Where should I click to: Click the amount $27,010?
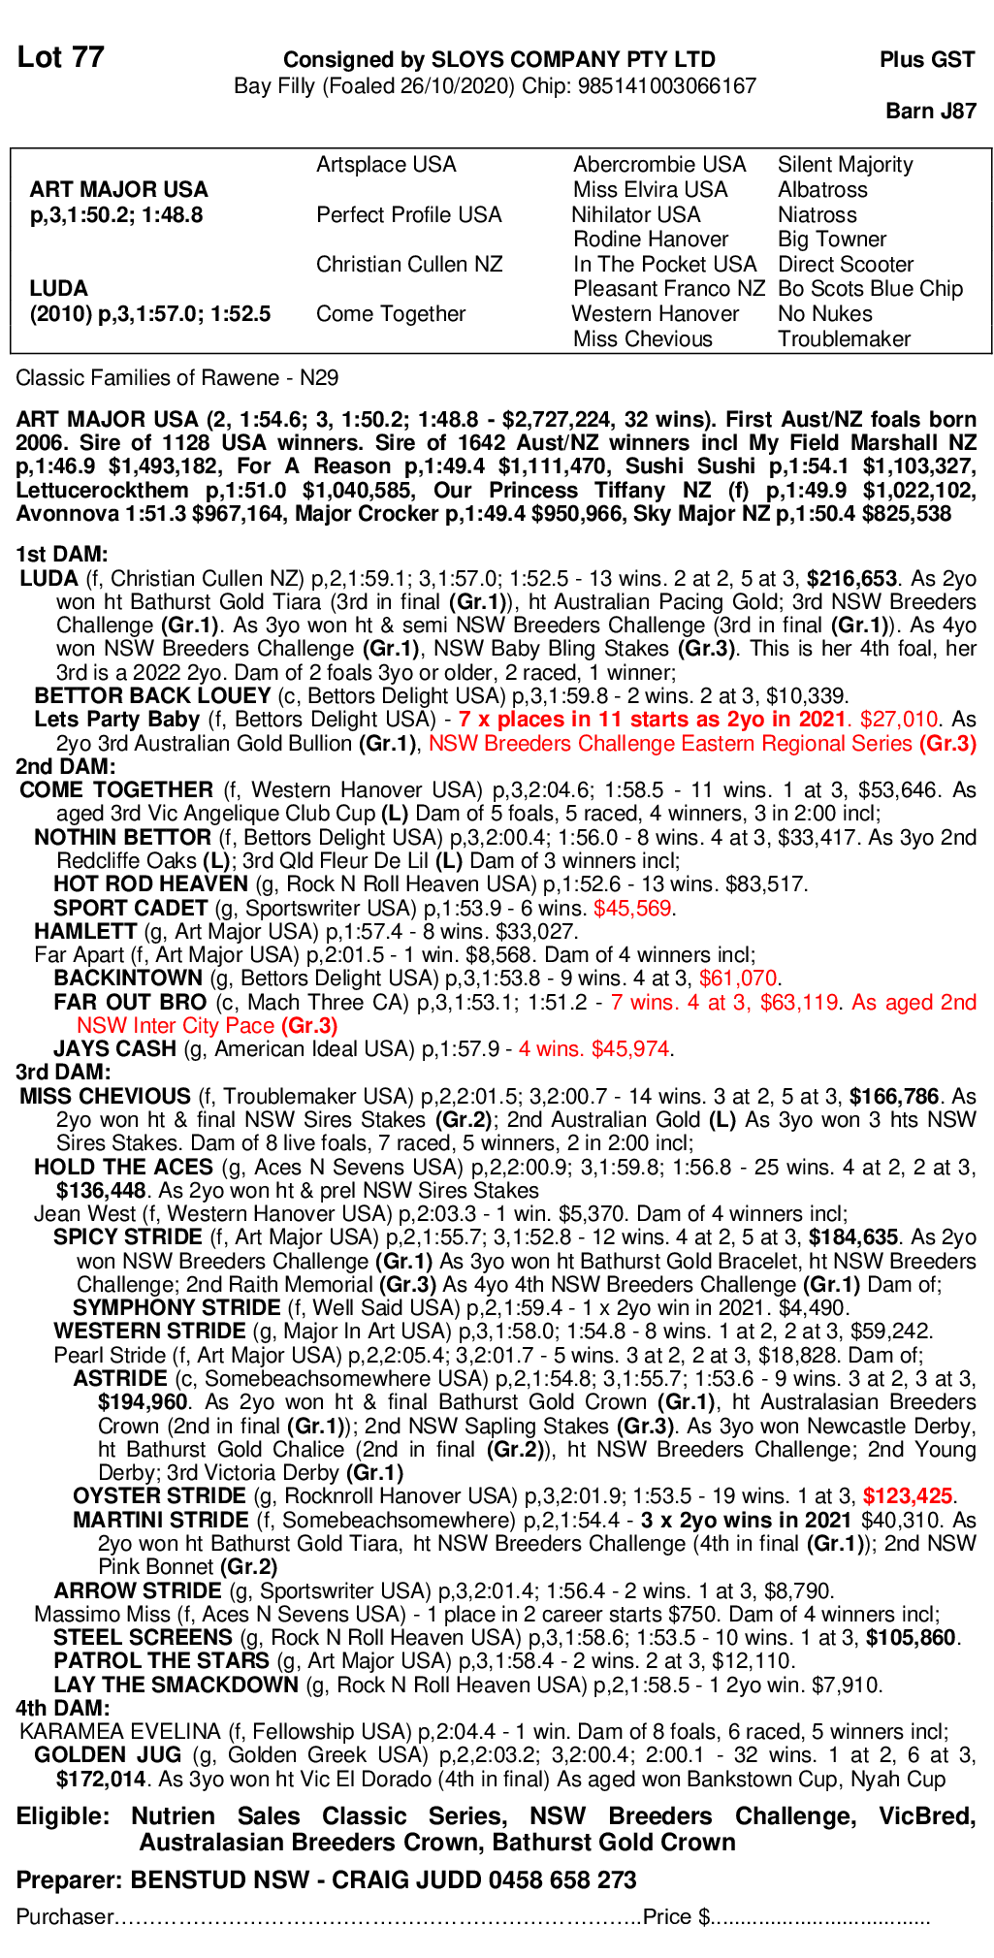[899, 720]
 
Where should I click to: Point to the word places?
[530, 720]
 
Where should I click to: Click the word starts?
[659, 720]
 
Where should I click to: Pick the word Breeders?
[527, 744]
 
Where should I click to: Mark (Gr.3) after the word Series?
[947, 744]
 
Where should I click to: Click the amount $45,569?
[632, 909]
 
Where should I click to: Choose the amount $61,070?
[738, 979]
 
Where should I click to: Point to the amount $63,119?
[799, 1003]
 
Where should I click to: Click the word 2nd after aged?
[957, 1003]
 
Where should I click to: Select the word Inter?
[155, 1026]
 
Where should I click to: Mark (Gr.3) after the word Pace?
[309, 1026]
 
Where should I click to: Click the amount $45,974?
[630, 1049]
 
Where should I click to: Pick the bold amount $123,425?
[908, 1496]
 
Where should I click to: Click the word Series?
[882, 744]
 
